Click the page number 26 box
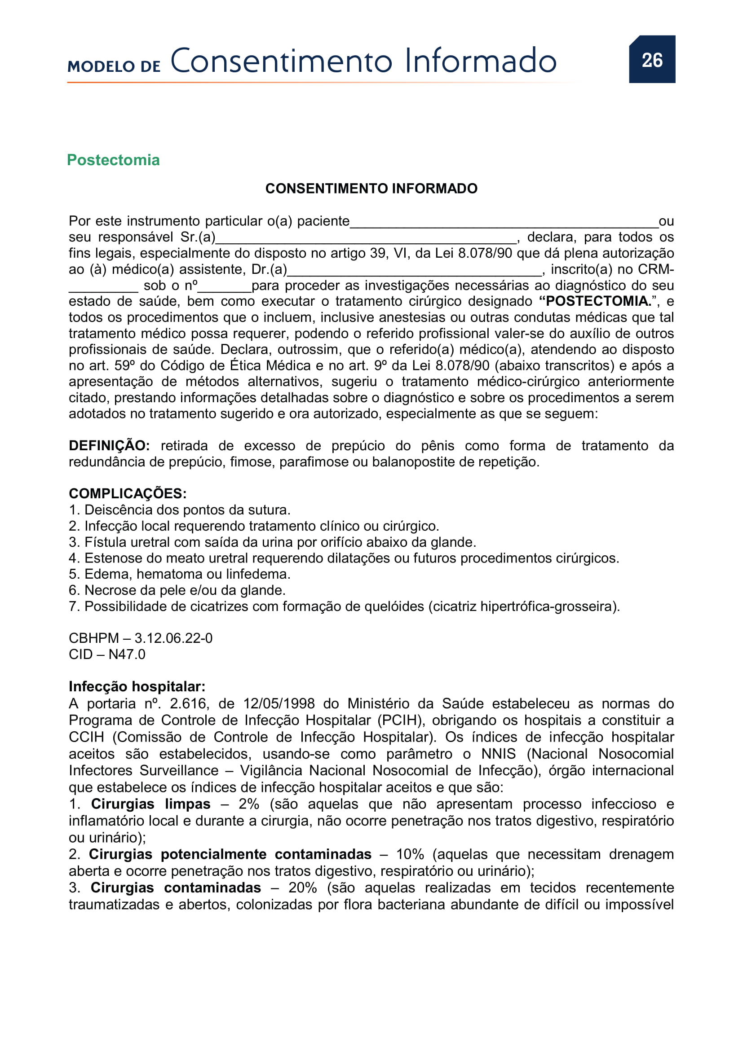point(651,59)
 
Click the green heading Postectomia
point(113,160)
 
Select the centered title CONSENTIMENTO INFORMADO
point(371,189)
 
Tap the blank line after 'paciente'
point(503,223)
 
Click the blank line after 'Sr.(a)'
point(366,239)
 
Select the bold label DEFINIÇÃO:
point(109,445)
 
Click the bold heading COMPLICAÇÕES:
point(128,493)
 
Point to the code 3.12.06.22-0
point(173,638)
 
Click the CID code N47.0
point(127,655)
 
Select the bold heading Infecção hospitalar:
point(137,686)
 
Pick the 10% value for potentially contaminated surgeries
point(410,854)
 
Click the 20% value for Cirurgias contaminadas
point(302,887)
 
